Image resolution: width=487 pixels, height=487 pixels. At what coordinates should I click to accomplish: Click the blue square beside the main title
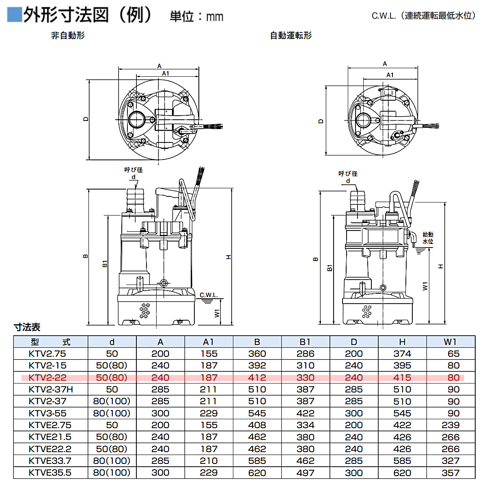click(x=14, y=15)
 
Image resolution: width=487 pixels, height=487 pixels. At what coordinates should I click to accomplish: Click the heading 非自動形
click(x=68, y=36)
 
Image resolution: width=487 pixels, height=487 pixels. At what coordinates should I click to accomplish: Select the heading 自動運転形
click(x=291, y=36)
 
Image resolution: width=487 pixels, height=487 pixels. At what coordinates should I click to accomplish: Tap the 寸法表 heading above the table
click(x=27, y=327)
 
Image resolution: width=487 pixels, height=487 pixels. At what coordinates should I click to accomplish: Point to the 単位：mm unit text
click(x=196, y=16)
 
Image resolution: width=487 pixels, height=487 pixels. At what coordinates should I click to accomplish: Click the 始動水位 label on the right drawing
click(x=428, y=238)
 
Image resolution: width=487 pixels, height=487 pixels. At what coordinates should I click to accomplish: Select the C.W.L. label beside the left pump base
click(x=209, y=295)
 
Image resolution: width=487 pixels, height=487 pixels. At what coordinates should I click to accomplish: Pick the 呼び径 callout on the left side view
click(x=133, y=170)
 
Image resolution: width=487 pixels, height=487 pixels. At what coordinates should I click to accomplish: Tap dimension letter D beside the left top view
click(x=86, y=119)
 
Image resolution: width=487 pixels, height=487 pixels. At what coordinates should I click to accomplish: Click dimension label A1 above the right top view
click(x=390, y=75)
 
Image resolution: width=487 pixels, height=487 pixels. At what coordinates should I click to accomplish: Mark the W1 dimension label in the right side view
click(x=425, y=286)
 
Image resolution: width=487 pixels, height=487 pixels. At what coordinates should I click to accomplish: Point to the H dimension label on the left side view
click(x=228, y=257)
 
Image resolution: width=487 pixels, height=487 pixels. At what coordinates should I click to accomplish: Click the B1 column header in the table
click(x=305, y=342)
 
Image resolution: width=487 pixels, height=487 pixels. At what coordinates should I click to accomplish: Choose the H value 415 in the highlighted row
click(x=402, y=378)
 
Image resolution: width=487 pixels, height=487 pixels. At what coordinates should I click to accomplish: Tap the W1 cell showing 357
click(x=450, y=473)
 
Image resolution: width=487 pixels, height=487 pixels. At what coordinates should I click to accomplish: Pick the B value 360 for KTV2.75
click(x=257, y=354)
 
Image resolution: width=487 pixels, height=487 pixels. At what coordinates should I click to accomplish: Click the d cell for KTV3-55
click(x=112, y=414)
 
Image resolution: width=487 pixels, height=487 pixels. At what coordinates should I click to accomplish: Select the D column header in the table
click(x=354, y=342)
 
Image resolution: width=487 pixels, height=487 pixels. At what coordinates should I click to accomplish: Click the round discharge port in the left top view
click(x=136, y=120)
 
